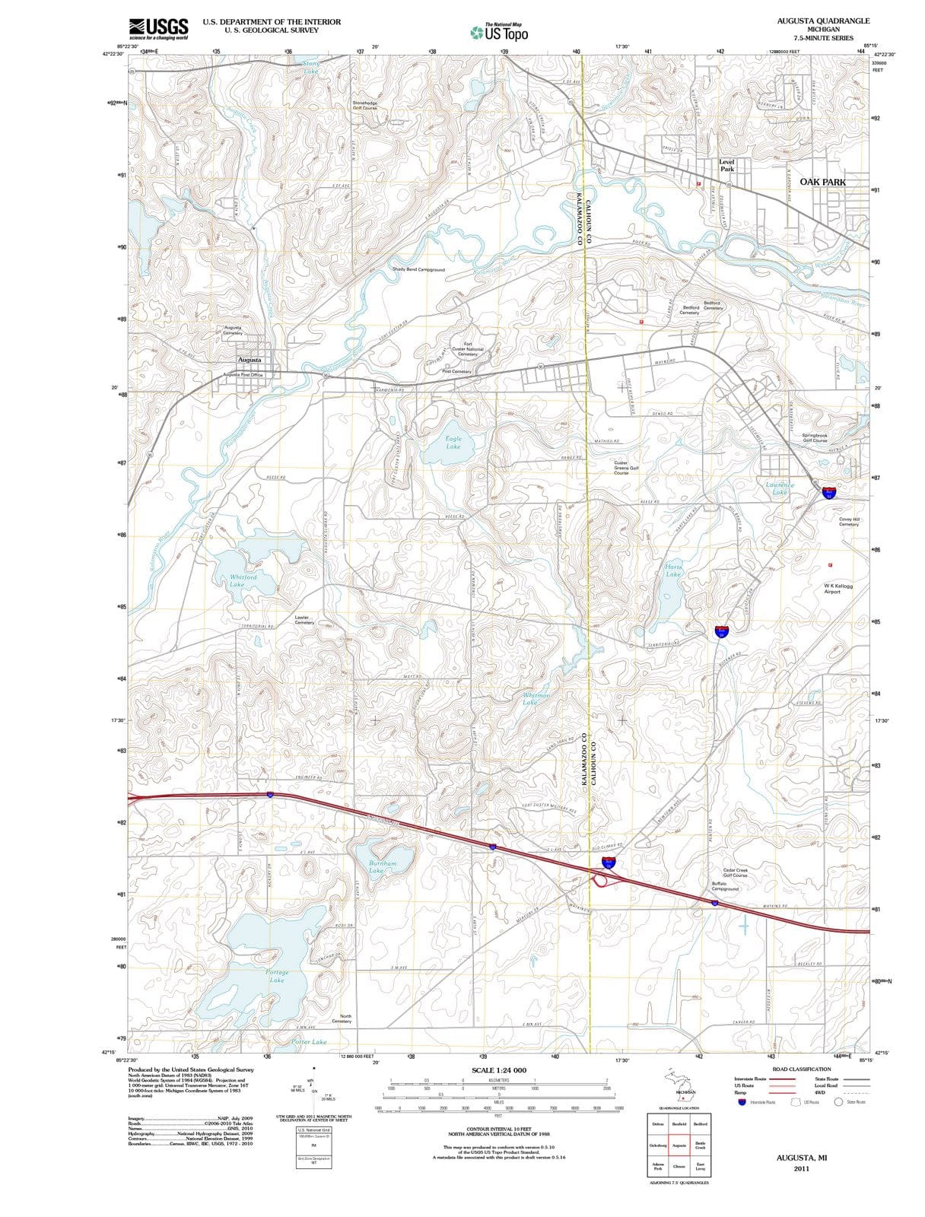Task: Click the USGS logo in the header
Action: coord(158,28)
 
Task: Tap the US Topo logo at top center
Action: coord(499,32)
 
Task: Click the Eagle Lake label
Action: coord(453,443)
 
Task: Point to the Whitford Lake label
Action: coord(243,580)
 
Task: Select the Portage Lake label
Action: coord(277,976)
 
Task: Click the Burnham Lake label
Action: coord(383,867)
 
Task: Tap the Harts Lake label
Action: coord(673,570)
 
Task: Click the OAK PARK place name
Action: coord(822,182)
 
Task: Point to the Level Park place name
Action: coord(727,165)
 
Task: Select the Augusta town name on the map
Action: coord(250,360)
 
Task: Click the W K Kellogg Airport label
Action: coord(838,589)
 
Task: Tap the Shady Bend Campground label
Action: coord(418,269)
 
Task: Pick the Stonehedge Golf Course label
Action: coord(364,105)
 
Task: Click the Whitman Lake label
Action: coord(536,698)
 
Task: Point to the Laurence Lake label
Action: coord(780,488)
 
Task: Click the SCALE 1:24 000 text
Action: coord(498,1070)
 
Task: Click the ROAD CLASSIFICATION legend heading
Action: coord(801,1069)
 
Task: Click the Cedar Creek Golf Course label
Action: coord(735,872)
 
